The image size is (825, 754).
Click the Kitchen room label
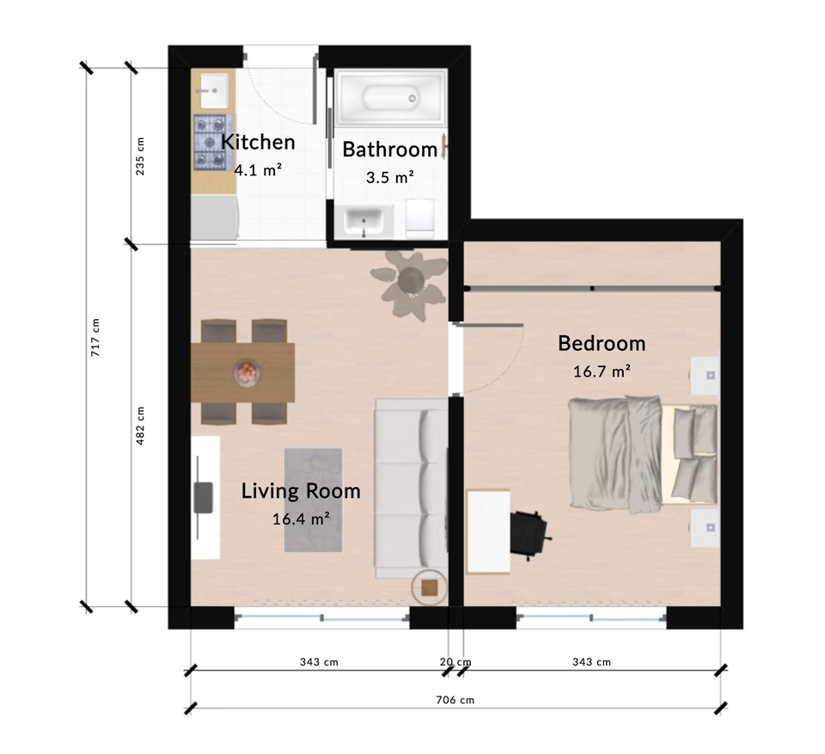click(258, 142)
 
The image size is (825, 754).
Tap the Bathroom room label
click(390, 150)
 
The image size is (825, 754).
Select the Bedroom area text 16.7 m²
click(602, 371)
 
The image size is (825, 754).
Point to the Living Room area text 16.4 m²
click(301, 519)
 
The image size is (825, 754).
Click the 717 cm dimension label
click(95, 338)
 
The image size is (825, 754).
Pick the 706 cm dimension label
click(455, 700)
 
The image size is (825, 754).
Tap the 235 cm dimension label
click(140, 156)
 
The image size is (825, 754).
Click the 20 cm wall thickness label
click(455, 662)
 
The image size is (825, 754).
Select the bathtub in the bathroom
click(391, 98)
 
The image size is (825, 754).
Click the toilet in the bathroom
click(419, 218)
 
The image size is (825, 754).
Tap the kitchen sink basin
click(214, 90)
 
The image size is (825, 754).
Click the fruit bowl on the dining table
click(247, 373)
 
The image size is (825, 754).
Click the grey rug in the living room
click(314, 500)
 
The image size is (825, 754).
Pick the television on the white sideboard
click(203, 498)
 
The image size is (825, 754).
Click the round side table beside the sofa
click(430, 587)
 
